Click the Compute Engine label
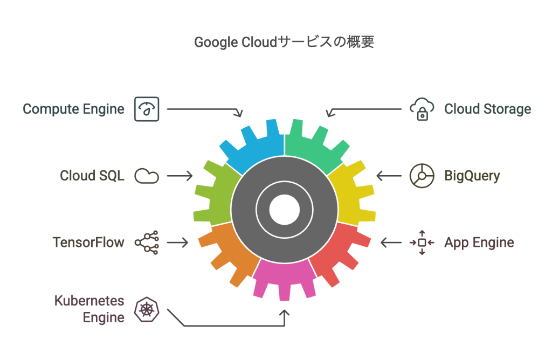pyautogui.click(x=73, y=109)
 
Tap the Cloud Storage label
pyautogui.click(x=487, y=109)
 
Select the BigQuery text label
pyautogui.click(x=472, y=176)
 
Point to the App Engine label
pyautogui.click(x=479, y=243)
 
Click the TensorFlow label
pyautogui.click(x=88, y=243)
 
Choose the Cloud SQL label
pyautogui.click(x=92, y=176)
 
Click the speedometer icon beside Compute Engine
pyautogui.click(x=147, y=109)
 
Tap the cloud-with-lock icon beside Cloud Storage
pyautogui.click(x=422, y=109)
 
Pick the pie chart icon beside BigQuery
pyautogui.click(x=422, y=176)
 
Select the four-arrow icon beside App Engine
pyautogui.click(x=422, y=243)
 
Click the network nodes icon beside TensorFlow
pyautogui.click(x=147, y=243)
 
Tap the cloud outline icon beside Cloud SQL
pyautogui.click(x=147, y=176)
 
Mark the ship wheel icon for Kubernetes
pyautogui.click(x=147, y=309)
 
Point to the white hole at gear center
pyautogui.click(x=284, y=210)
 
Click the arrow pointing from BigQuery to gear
pyautogui.click(x=388, y=176)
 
